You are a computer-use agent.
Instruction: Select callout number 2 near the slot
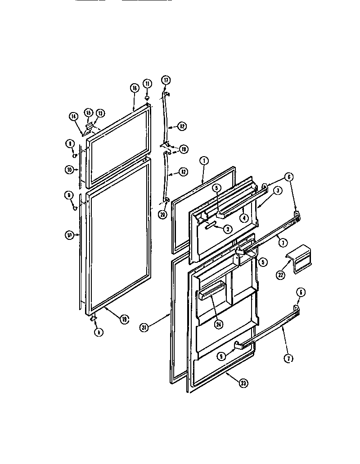click(228, 229)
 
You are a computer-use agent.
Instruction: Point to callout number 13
click(100, 113)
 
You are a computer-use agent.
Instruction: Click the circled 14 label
click(73, 116)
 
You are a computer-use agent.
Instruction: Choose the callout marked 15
click(88, 113)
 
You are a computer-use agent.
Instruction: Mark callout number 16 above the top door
click(134, 88)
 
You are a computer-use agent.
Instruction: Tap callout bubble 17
click(166, 81)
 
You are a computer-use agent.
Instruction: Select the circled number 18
click(183, 149)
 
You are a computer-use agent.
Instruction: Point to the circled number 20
click(162, 215)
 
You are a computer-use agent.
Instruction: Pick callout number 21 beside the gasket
click(144, 328)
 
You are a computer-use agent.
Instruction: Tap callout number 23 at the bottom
click(243, 383)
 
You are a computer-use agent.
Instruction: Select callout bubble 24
click(219, 324)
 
